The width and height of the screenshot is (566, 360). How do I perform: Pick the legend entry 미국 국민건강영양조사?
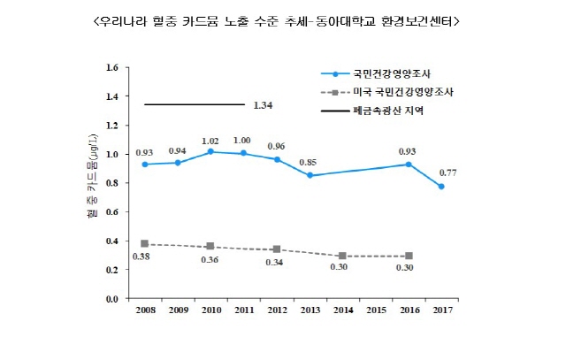(394, 92)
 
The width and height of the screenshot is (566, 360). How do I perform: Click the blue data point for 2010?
(210, 151)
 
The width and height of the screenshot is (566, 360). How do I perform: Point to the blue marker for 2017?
(440, 187)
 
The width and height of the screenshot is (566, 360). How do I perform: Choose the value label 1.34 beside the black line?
(263, 105)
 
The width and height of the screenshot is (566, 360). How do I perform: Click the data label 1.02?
(210, 140)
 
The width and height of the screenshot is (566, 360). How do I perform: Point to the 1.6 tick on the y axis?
(111, 67)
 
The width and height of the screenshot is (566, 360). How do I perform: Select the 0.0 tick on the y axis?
(111, 299)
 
